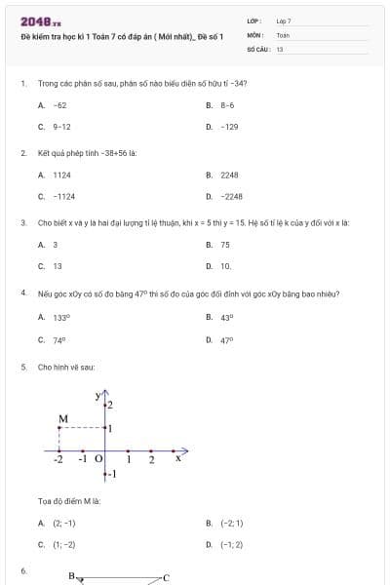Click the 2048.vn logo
(x=40, y=20)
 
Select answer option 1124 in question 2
(x=62, y=175)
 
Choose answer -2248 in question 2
(x=231, y=196)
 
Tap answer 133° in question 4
(x=60, y=317)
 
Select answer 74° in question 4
(x=59, y=340)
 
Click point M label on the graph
(x=63, y=419)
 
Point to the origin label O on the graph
(x=98, y=459)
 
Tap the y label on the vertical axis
(x=98, y=395)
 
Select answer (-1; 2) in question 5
(x=232, y=544)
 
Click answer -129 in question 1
(x=230, y=127)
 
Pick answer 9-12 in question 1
(x=61, y=127)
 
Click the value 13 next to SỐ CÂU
(x=280, y=47)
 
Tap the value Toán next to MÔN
(x=283, y=34)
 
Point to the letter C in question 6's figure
(x=166, y=577)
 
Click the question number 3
(x=22, y=222)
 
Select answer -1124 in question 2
(x=64, y=196)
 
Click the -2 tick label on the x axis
(x=58, y=459)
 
